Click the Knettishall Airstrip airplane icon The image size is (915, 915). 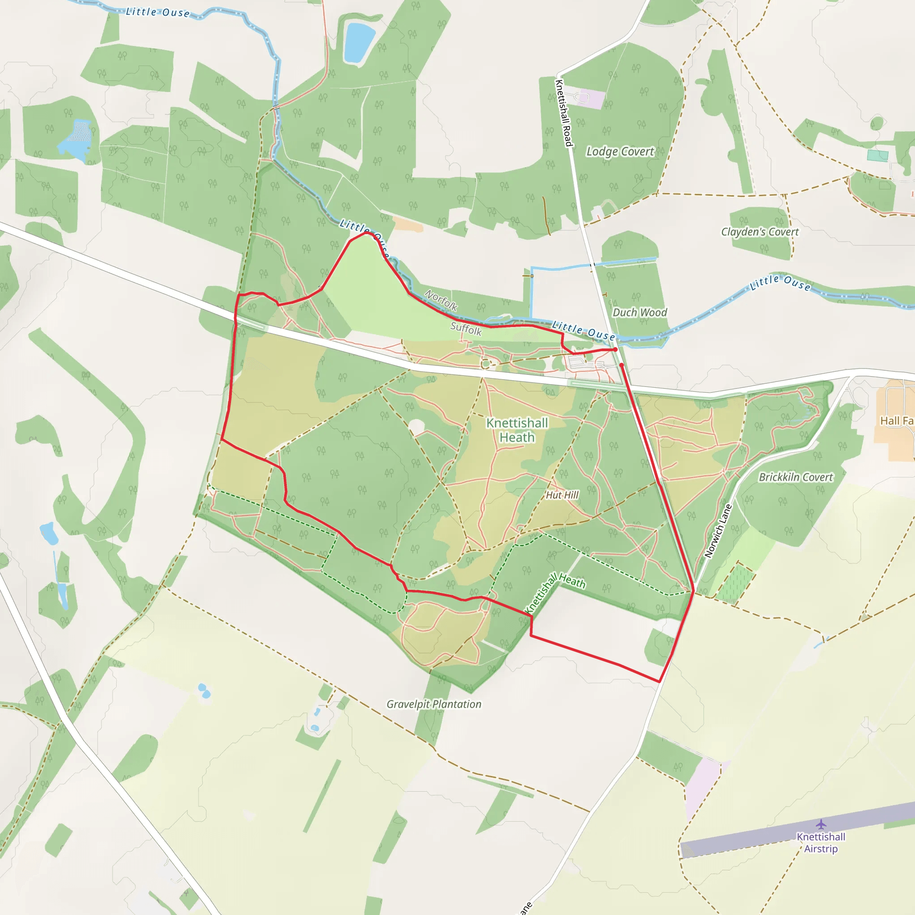click(x=821, y=825)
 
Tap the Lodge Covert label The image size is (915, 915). click(x=620, y=151)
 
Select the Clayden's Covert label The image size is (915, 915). click(x=760, y=231)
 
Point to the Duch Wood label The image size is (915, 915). click(x=639, y=313)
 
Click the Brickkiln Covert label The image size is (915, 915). click(x=796, y=478)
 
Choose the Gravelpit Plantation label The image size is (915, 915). click(x=434, y=704)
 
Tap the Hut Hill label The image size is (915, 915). click(x=562, y=495)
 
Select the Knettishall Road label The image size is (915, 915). click(x=564, y=113)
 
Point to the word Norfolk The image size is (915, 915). click(x=441, y=300)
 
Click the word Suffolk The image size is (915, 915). click(x=466, y=328)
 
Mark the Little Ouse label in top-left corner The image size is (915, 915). click(x=158, y=12)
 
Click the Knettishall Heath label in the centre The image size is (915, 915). click(x=517, y=430)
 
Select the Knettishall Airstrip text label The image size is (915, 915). click(x=821, y=843)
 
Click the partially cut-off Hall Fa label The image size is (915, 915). click(x=897, y=420)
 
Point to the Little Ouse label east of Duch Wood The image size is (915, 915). click(x=780, y=283)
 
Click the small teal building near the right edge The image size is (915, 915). click(x=877, y=155)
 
